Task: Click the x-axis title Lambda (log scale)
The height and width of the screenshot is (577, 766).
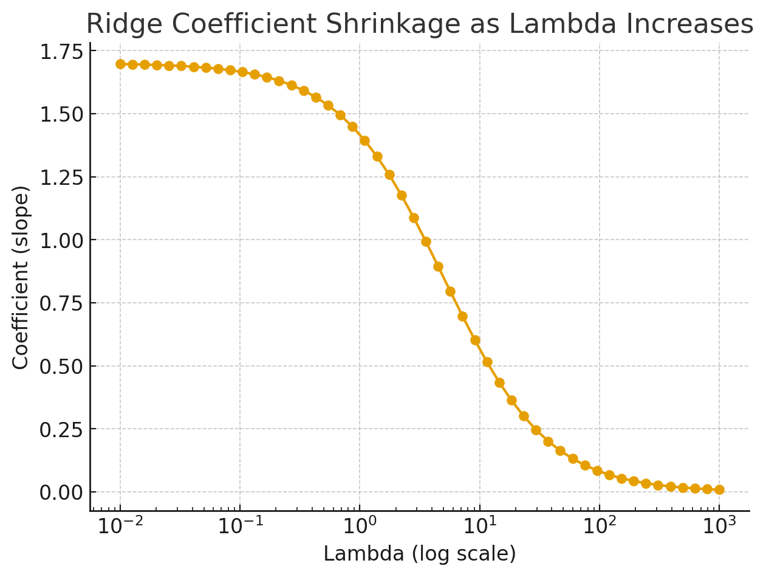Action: [x=419, y=554]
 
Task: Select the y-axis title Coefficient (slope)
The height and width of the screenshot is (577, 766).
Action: [x=21, y=277]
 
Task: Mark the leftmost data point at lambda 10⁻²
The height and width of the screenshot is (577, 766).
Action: [x=120, y=64]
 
